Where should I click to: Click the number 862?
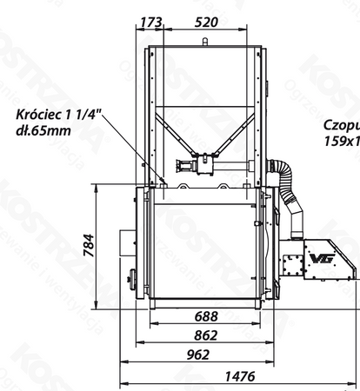(205, 335)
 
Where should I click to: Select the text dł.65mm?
(43, 130)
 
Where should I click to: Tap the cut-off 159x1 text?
(341, 139)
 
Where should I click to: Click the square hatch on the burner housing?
(293, 258)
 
